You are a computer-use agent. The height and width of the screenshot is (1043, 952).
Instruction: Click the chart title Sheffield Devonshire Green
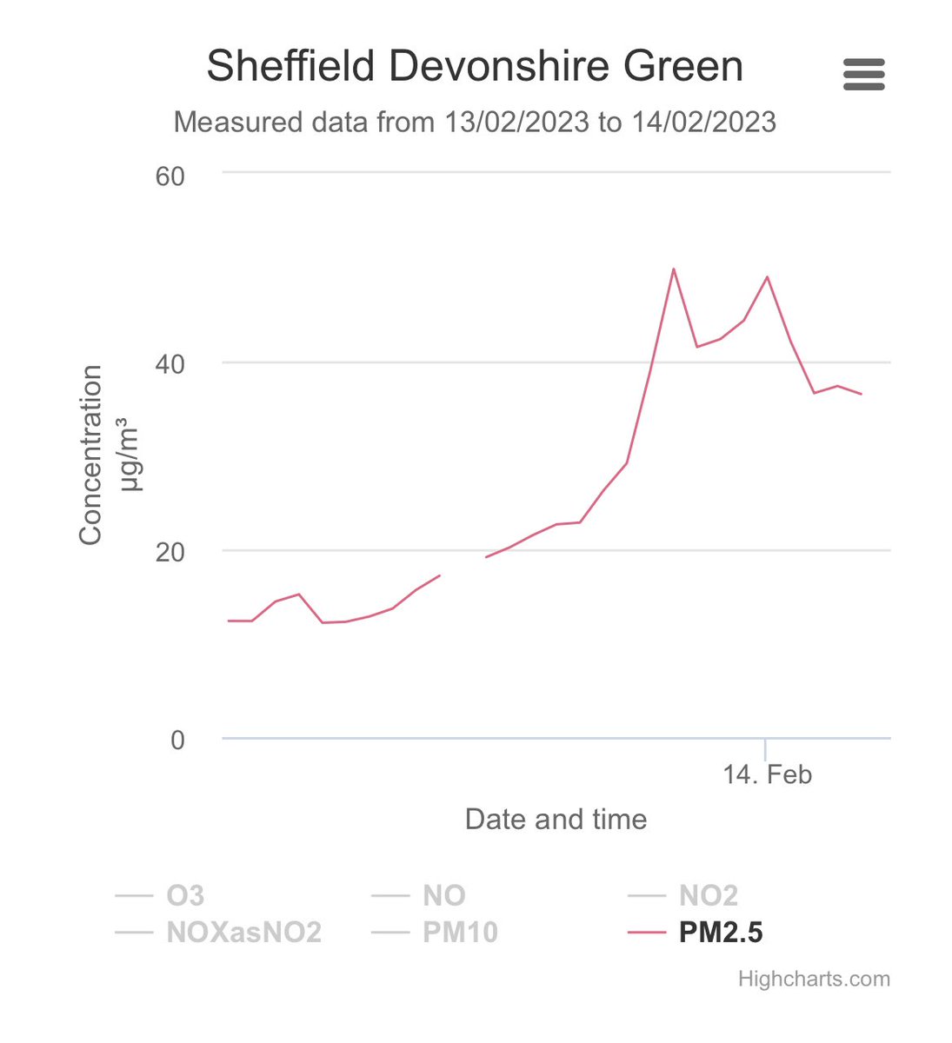(475, 67)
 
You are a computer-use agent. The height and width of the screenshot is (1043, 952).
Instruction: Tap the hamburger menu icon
(863, 75)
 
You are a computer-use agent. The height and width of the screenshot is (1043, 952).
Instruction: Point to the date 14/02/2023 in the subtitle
(703, 122)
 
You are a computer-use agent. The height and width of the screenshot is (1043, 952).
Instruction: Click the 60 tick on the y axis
(170, 176)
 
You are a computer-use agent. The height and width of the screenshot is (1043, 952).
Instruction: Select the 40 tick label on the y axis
(170, 363)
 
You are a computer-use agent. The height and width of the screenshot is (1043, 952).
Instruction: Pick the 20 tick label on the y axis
(170, 552)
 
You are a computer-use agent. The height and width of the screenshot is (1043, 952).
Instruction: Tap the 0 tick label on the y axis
(177, 740)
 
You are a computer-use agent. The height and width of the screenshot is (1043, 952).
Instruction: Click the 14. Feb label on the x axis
(767, 774)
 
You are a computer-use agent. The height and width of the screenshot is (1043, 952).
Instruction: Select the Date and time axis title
(556, 820)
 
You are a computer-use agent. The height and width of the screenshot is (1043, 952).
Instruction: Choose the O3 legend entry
(184, 895)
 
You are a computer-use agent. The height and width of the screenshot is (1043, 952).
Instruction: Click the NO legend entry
(443, 895)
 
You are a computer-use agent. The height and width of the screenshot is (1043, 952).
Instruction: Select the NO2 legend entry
(708, 895)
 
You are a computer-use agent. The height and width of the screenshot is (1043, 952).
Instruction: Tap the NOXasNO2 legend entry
(243, 933)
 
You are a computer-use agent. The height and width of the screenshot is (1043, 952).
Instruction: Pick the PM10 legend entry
(460, 933)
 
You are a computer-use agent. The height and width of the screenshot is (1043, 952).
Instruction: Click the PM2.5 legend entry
(720, 933)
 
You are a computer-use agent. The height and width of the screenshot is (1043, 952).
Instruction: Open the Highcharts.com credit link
(814, 980)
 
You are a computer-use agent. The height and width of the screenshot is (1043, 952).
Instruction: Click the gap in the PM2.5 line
(463, 566)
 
